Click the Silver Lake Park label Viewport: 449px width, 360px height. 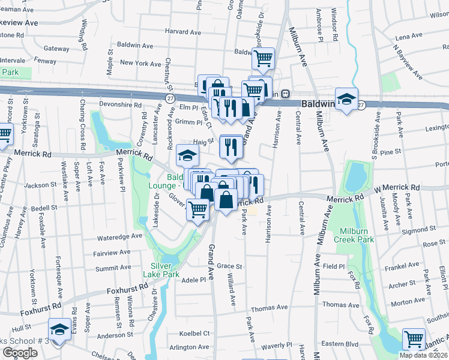click(161, 270)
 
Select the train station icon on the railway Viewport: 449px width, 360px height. click(286, 94)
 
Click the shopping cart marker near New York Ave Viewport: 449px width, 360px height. click(263, 59)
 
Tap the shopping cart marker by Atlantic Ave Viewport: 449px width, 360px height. click(414, 339)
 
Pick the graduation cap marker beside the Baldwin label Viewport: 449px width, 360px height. click(346, 99)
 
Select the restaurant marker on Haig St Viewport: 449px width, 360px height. click(231, 146)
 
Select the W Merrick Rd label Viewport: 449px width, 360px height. click(394, 189)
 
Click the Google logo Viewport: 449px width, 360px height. click(20, 352)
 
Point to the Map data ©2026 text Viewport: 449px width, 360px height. click(423, 355)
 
